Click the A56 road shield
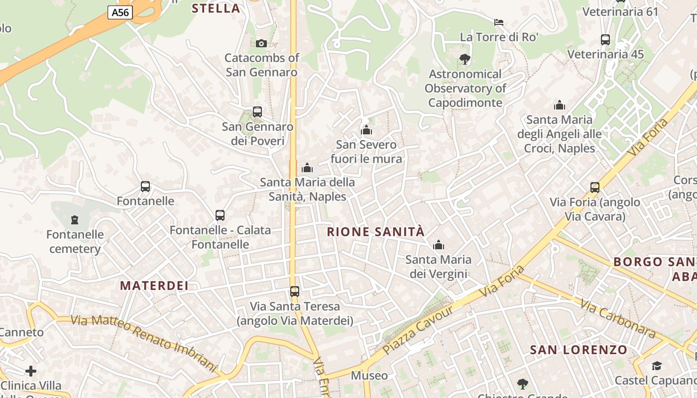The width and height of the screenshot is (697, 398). click(120, 12)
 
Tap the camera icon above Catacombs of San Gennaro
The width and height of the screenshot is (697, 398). click(261, 44)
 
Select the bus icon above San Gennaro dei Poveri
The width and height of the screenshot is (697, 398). click(257, 112)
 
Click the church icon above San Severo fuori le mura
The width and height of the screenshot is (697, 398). click(366, 130)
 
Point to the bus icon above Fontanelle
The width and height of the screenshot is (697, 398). click(145, 187)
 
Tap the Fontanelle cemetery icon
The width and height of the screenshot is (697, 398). click(75, 219)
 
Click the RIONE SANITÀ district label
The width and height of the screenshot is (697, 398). click(376, 232)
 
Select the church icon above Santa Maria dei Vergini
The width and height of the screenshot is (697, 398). click(439, 245)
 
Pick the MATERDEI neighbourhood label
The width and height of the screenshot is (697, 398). click(154, 286)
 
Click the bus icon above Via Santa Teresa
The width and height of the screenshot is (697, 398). click(295, 291)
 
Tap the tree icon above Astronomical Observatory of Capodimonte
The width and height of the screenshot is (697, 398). click(465, 59)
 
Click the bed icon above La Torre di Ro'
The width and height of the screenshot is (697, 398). click(499, 22)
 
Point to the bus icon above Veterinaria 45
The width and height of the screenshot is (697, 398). click(605, 40)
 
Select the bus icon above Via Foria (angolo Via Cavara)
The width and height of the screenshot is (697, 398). click(595, 188)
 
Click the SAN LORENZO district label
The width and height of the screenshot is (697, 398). click(579, 350)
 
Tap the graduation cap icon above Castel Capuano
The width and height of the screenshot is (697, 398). click(657, 366)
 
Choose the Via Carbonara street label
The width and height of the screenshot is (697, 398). click(617, 318)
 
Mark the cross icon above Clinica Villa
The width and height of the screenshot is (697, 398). click(31, 371)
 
